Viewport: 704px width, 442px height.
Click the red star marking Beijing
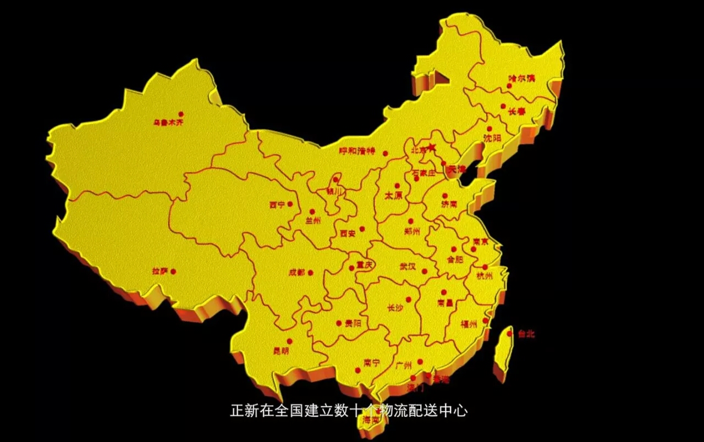click(x=431, y=147)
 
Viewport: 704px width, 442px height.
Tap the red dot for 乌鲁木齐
click(x=180, y=114)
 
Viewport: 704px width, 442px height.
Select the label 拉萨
click(x=159, y=271)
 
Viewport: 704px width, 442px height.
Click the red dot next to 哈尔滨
click(x=509, y=86)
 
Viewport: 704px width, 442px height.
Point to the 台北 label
click(x=526, y=334)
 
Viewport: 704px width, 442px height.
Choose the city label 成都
click(x=296, y=272)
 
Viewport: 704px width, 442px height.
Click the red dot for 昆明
click(x=289, y=341)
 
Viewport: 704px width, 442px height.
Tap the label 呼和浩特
click(x=356, y=151)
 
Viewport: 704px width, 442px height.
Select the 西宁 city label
click(x=277, y=205)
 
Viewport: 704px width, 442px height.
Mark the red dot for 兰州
click(x=312, y=211)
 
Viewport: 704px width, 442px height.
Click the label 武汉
click(x=408, y=267)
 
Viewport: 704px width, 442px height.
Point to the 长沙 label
click(x=395, y=308)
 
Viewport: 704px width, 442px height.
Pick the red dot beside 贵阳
click(x=339, y=323)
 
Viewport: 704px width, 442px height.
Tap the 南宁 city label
click(x=372, y=363)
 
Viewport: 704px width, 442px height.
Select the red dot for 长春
click(x=503, y=106)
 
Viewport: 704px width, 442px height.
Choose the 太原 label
click(x=393, y=195)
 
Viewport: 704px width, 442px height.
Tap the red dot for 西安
click(x=362, y=229)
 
